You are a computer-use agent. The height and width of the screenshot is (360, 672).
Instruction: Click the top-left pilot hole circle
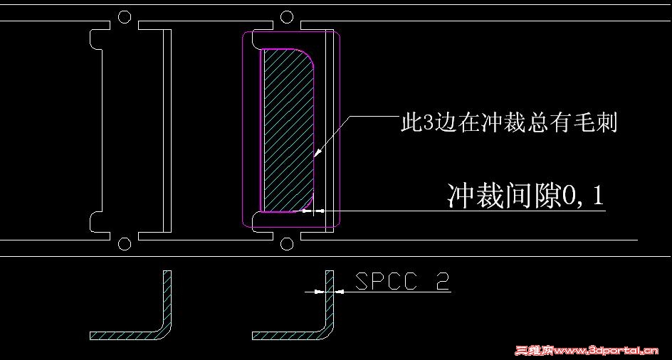pyautogui.click(x=125, y=16)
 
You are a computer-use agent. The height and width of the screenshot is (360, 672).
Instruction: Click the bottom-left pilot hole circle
pyautogui.click(x=125, y=245)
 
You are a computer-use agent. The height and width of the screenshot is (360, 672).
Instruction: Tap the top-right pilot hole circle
pyautogui.click(x=287, y=16)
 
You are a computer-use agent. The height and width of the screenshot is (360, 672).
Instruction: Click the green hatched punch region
pyautogui.click(x=285, y=128)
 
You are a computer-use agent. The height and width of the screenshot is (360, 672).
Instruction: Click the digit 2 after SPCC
pyautogui.click(x=442, y=282)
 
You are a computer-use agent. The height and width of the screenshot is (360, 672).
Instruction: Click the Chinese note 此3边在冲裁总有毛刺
pyautogui.click(x=508, y=124)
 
